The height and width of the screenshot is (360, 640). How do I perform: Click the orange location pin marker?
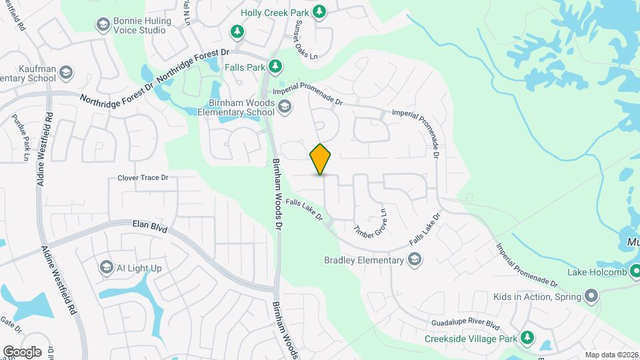tap(320, 159)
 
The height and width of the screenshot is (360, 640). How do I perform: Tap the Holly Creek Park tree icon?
tap(320, 11)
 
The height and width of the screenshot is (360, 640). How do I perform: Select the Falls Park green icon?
tap(275, 66)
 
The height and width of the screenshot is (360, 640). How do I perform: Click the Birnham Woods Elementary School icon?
tap(285, 107)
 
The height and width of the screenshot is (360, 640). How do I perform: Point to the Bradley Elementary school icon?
tap(414, 259)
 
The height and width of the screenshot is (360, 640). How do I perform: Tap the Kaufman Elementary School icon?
tap(66, 72)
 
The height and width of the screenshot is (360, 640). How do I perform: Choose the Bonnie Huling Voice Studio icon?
tap(103, 25)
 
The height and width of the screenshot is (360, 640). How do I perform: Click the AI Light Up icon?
tap(106, 268)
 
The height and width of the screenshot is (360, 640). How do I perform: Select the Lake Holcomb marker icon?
tap(635, 271)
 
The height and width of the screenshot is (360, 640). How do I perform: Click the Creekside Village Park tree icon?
tap(527, 339)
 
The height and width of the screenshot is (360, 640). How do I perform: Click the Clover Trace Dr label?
tap(143, 178)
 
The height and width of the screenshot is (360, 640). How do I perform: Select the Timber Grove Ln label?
tap(371, 223)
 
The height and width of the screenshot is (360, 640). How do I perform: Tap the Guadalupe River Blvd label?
tap(465, 324)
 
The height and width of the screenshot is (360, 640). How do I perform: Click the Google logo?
tap(21, 351)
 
